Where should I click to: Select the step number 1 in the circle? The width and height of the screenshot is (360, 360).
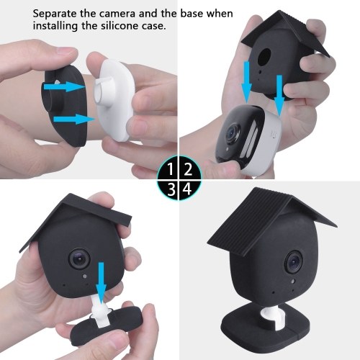[171, 169]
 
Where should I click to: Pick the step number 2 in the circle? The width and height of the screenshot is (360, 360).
[188, 169]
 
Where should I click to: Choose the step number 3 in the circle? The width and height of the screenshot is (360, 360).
[171, 189]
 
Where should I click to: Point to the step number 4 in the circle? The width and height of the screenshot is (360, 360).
[187, 189]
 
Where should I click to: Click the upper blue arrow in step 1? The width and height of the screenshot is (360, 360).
[64, 86]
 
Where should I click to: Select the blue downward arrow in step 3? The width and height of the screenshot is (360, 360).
[101, 283]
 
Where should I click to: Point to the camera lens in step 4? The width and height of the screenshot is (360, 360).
[294, 262]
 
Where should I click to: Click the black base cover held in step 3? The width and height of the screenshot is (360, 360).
[108, 333]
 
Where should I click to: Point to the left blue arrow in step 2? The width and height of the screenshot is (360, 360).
[246, 81]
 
